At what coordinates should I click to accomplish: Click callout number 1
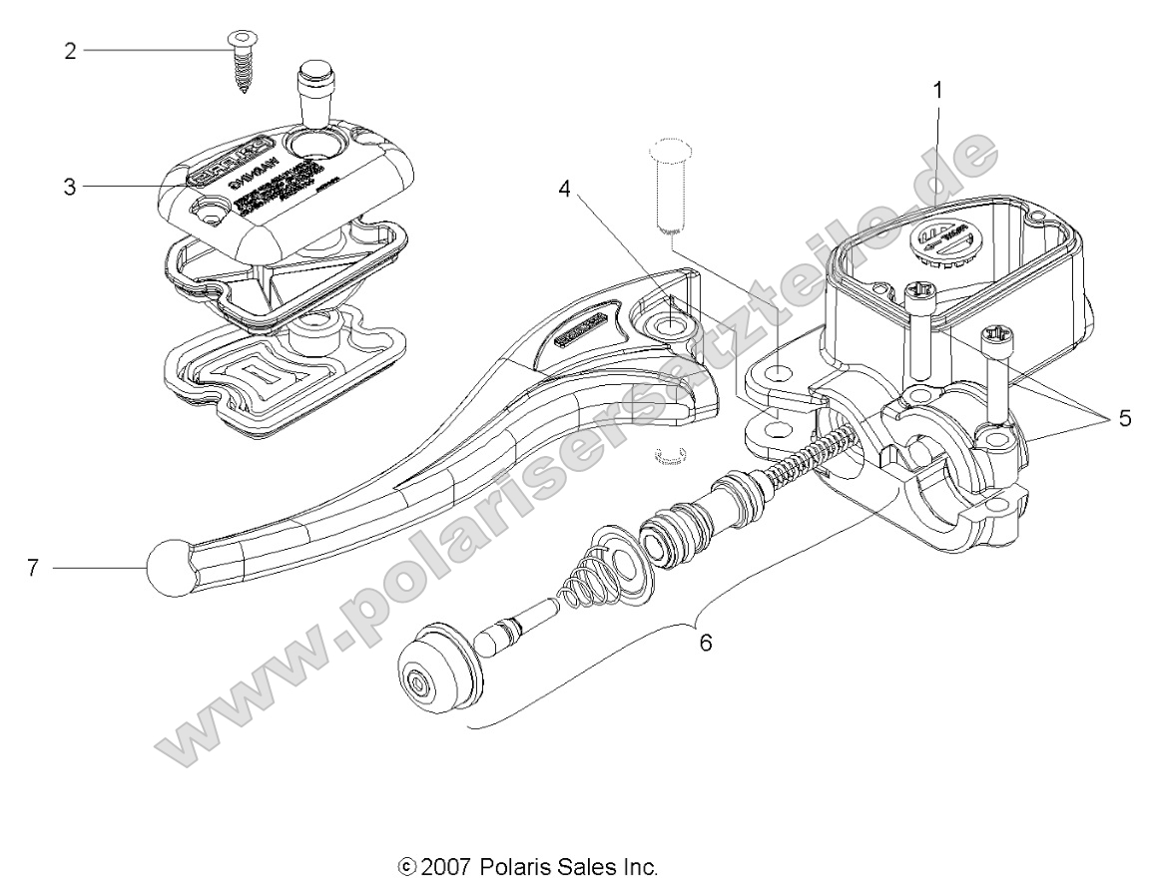937,89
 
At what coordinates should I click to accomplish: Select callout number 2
70,50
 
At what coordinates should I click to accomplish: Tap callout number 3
70,187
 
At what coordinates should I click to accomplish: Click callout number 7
33,568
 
